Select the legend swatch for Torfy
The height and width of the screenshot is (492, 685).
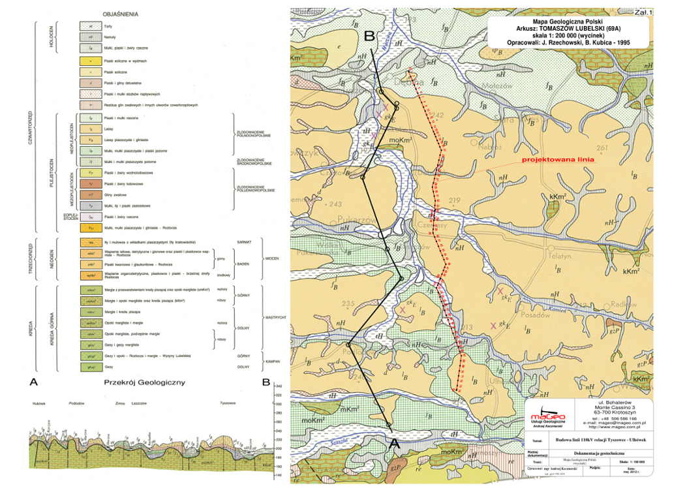86,25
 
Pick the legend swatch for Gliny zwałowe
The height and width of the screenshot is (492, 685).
86,194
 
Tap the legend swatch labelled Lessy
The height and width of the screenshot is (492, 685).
86,129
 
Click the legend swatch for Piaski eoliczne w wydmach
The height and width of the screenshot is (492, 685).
86,61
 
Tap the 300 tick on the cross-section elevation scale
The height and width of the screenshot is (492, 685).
279,405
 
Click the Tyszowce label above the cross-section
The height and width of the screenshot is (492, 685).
228,403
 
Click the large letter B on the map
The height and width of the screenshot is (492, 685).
369,36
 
